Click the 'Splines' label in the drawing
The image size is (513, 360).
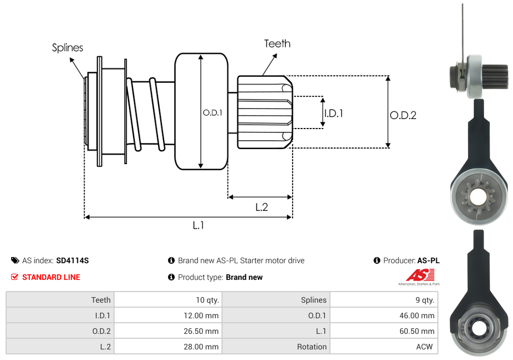pos(67,48)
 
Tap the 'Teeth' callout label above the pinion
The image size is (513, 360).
pos(277,43)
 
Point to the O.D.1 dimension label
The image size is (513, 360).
pos(213,112)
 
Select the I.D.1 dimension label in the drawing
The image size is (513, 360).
pos(333,113)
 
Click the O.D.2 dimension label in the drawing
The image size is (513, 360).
pos(403,115)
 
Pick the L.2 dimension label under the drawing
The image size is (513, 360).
pos(262,207)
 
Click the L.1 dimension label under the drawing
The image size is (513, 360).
pos(199,225)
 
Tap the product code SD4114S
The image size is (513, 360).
pos(72,260)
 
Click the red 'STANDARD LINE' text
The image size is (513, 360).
pos(51,277)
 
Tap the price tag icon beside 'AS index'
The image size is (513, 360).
pos(15,260)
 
